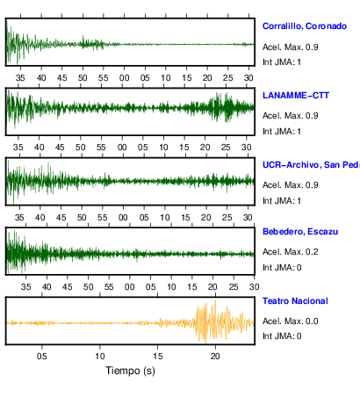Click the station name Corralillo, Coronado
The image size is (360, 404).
point(305,26)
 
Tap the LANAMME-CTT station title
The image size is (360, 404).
point(296,96)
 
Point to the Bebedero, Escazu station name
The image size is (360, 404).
point(300,232)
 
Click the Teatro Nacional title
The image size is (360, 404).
point(295,301)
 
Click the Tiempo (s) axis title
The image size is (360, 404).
point(130,371)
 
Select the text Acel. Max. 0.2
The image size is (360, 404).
point(291,252)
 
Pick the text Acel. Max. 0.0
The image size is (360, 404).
point(291,321)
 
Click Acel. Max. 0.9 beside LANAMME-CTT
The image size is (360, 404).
point(291,116)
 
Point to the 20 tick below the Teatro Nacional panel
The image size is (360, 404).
point(215,357)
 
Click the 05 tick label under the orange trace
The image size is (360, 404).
point(42,357)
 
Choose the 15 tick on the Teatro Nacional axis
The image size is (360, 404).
point(157,357)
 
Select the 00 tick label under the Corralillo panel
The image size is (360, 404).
point(124,78)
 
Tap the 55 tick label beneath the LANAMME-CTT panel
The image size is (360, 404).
point(101,148)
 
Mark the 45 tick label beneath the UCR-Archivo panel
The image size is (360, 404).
point(61,218)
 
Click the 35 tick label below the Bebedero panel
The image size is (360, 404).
point(25,287)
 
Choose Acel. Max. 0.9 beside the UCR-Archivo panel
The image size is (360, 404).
point(291,185)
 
